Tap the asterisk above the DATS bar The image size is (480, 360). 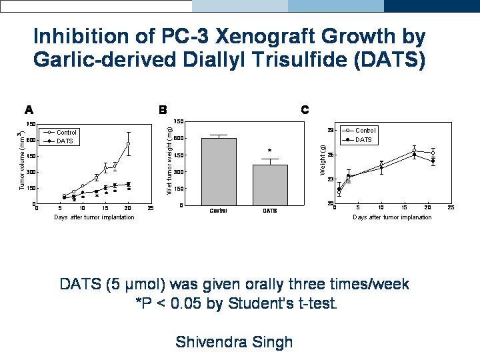tap(269, 151)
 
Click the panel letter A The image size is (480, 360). tap(29, 109)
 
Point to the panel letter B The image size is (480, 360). tap(163, 109)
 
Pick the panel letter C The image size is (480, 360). tap(305, 109)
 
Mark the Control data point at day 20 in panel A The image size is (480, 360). tap(128, 143)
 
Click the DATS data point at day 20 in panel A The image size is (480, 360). tap(128, 184)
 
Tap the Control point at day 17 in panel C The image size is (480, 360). tap(414, 151)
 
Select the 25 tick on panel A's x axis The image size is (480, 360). tap(150, 208)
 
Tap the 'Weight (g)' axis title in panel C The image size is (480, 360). tap(323, 163)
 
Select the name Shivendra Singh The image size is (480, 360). tap(234, 343)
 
